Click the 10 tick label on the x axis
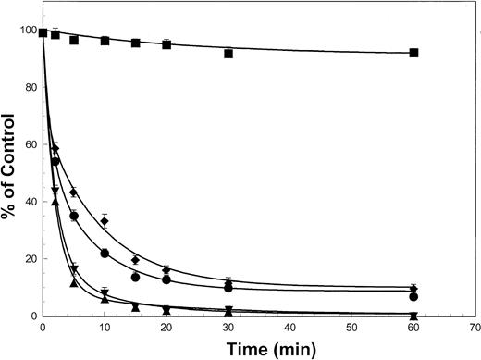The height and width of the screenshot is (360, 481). [x=105, y=328]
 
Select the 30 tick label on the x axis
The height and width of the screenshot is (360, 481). [x=228, y=328]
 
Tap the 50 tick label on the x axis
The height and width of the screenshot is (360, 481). [x=352, y=328]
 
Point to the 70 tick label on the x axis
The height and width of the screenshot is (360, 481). [x=475, y=328]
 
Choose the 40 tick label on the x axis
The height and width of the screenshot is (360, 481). [x=290, y=328]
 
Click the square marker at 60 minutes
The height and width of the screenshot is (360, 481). [x=413, y=53]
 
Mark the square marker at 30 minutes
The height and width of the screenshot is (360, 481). [x=228, y=54]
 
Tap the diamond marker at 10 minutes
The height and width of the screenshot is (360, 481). [x=105, y=221]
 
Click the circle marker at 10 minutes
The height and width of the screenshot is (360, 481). [x=105, y=254]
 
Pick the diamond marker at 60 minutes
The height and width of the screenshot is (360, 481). [x=413, y=289]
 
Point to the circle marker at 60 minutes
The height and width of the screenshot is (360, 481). [x=413, y=297]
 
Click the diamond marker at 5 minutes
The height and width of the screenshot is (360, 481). [x=73, y=192]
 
